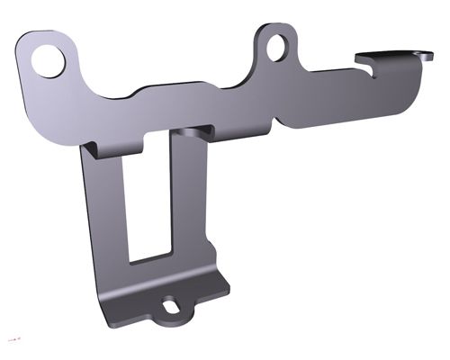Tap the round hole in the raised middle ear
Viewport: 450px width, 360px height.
point(279,43)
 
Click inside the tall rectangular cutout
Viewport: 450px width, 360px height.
point(148,198)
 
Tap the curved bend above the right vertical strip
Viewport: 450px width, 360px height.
point(191,134)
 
